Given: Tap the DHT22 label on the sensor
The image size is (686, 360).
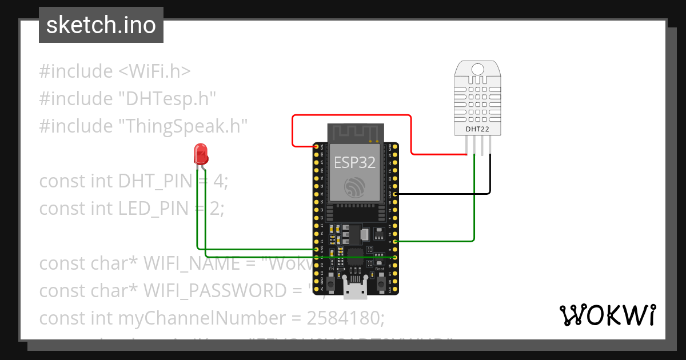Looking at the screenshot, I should [x=477, y=129].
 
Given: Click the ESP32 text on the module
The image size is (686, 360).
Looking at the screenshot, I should [x=354, y=162].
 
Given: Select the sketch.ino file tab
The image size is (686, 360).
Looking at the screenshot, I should [x=101, y=25].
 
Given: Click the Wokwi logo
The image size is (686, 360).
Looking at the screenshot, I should [x=607, y=315].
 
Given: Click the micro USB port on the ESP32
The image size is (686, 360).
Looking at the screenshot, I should [x=355, y=291].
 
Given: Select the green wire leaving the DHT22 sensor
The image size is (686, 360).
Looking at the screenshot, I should [x=474, y=200].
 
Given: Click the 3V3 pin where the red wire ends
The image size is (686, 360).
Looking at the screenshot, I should [x=316, y=147].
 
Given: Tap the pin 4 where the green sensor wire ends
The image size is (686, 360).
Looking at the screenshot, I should [x=396, y=242].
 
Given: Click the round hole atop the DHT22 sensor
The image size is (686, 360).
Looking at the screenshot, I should [x=477, y=70].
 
